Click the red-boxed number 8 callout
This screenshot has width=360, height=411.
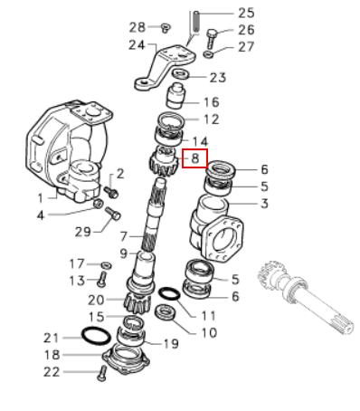(195, 158)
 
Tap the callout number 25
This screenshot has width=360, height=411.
(246, 14)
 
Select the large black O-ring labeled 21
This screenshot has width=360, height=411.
(96, 335)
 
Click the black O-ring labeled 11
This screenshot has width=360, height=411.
(169, 294)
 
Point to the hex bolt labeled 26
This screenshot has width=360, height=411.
(212, 39)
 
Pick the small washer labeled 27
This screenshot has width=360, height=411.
(208, 54)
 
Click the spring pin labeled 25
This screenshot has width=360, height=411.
(196, 22)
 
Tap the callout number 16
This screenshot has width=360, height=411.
(211, 102)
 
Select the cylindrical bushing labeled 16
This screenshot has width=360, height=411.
(175, 96)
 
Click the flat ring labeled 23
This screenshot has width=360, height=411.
(180, 74)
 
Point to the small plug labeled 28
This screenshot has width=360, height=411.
(166, 27)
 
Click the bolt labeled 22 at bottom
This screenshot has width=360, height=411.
(102, 373)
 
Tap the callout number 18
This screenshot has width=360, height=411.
(52, 355)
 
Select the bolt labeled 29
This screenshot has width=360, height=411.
(113, 214)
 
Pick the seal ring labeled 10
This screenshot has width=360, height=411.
(166, 312)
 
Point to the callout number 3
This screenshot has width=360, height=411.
(264, 204)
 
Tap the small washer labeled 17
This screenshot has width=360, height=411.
(106, 265)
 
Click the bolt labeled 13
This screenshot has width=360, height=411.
(101, 279)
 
